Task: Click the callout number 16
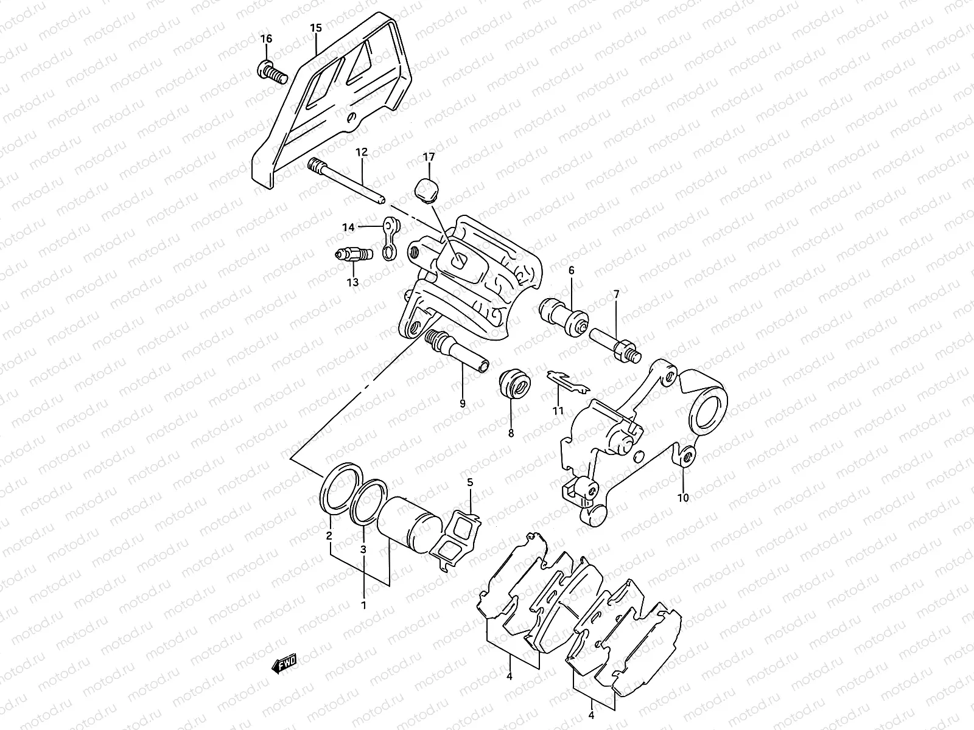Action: [x=266, y=39]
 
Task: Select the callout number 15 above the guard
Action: [x=315, y=28]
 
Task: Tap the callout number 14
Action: [x=348, y=228]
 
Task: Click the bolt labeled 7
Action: [x=612, y=342]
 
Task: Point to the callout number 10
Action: [x=682, y=498]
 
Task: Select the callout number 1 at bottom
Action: [x=363, y=606]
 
